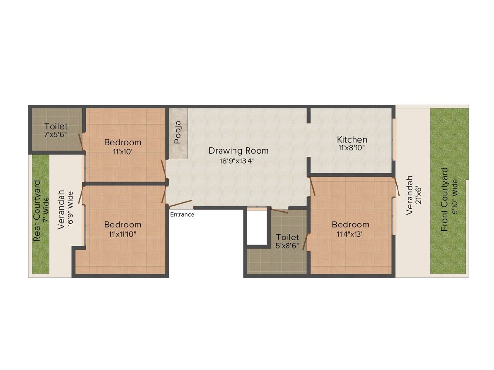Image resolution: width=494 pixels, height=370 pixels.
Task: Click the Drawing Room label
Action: (x=238, y=151)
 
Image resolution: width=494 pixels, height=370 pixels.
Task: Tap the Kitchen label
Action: (x=352, y=140)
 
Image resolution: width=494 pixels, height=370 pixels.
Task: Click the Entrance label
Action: (x=182, y=214)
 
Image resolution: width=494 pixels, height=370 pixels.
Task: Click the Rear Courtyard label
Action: (x=37, y=211)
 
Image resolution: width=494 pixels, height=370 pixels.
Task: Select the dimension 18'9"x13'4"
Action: (x=238, y=161)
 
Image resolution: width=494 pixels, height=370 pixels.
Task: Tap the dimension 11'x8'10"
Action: (x=352, y=148)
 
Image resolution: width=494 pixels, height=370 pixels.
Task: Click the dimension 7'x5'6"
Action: (x=55, y=135)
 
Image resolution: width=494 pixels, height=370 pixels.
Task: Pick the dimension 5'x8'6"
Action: (x=288, y=245)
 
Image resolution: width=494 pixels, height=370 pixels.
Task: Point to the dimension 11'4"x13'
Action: (x=350, y=234)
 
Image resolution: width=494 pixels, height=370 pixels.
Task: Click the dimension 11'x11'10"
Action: (x=123, y=234)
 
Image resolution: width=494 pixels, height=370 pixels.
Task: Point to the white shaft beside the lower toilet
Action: (x=257, y=227)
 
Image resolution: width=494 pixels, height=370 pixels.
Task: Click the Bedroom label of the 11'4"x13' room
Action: (x=350, y=225)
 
